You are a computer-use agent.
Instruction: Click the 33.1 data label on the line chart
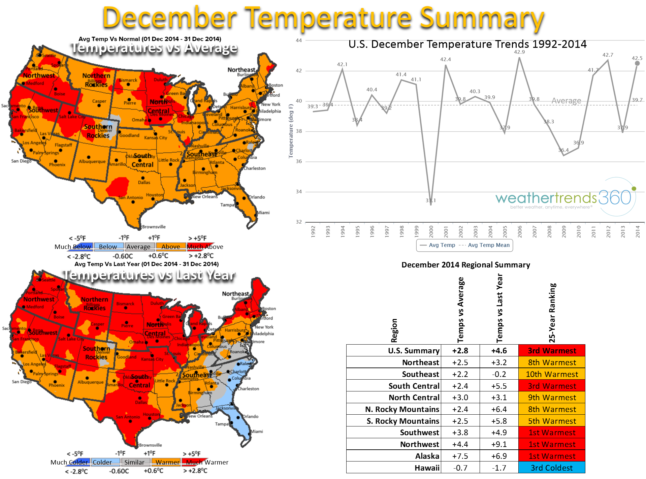(430, 200)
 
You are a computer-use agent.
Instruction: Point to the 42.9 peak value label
(519, 52)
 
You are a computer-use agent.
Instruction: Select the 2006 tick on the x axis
(520, 232)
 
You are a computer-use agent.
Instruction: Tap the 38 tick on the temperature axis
(299, 131)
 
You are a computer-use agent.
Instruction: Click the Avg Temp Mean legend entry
(488, 245)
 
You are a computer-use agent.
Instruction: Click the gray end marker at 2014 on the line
(637, 63)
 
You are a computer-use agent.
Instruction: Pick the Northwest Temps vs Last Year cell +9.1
(499, 444)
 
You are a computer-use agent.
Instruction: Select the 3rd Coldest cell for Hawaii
(551, 468)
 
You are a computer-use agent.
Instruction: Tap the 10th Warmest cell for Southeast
(551, 374)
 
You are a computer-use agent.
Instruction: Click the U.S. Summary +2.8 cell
(460, 351)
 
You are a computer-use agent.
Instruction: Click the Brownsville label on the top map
(154, 227)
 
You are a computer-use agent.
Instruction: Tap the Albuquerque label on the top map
(92, 161)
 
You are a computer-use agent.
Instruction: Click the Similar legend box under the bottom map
(134, 462)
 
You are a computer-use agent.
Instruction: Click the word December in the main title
(170, 18)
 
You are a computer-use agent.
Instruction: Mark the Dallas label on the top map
(144, 182)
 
